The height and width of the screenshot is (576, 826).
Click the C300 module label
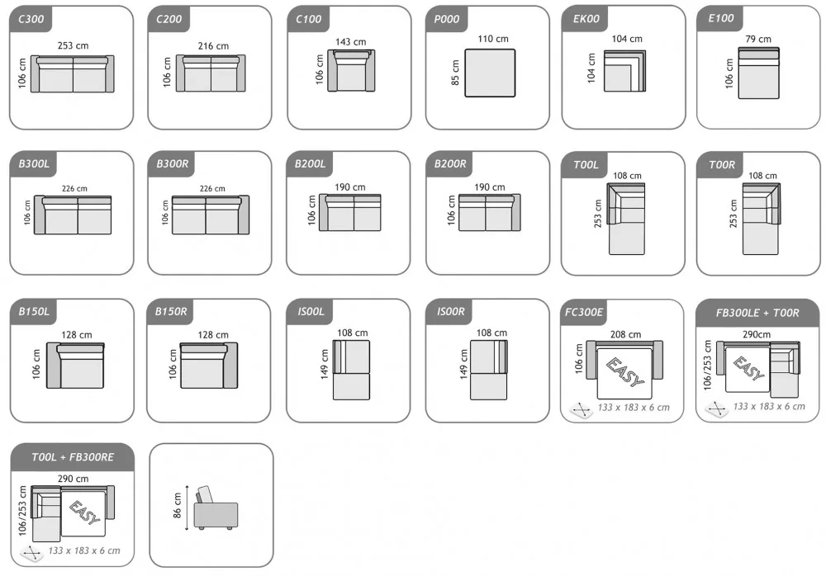[x=31, y=20]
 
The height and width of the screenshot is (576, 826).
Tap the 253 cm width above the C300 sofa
[x=73, y=46]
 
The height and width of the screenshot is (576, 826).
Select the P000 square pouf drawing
[x=490, y=73]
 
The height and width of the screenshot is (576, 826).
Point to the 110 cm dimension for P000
[x=493, y=39]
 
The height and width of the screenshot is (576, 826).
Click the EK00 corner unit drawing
[x=624, y=71]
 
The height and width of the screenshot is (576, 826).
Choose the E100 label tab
[x=720, y=18]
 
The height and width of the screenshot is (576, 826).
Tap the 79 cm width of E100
[x=758, y=39]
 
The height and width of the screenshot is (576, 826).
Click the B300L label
[x=34, y=163]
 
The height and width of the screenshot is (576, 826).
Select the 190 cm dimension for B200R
[x=489, y=186]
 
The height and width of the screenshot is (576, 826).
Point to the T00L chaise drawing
[x=626, y=219]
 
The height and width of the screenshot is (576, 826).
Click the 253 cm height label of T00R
[x=733, y=213]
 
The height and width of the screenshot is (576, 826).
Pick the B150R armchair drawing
[x=209, y=366]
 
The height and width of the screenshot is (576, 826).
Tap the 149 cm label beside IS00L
[x=325, y=364]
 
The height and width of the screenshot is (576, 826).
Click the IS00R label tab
[x=451, y=312]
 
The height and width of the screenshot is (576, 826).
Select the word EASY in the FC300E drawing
[x=624, y=372]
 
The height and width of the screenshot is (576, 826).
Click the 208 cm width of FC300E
[x=626, y=334]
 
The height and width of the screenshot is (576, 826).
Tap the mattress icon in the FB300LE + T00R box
[x=716, y=409]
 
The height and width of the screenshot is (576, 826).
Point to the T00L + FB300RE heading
[x=73, y=457]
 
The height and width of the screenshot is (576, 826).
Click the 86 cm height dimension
[x=177, y=506]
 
